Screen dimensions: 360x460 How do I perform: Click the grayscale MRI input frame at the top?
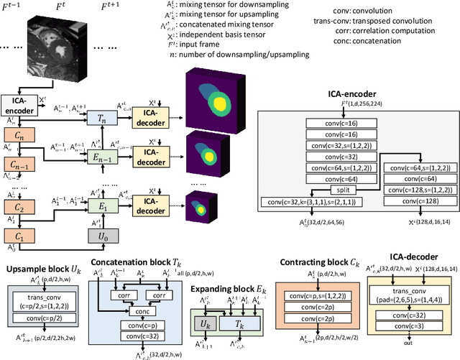[x=55, y=50]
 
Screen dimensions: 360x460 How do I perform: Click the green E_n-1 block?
[x=94, y=154]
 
